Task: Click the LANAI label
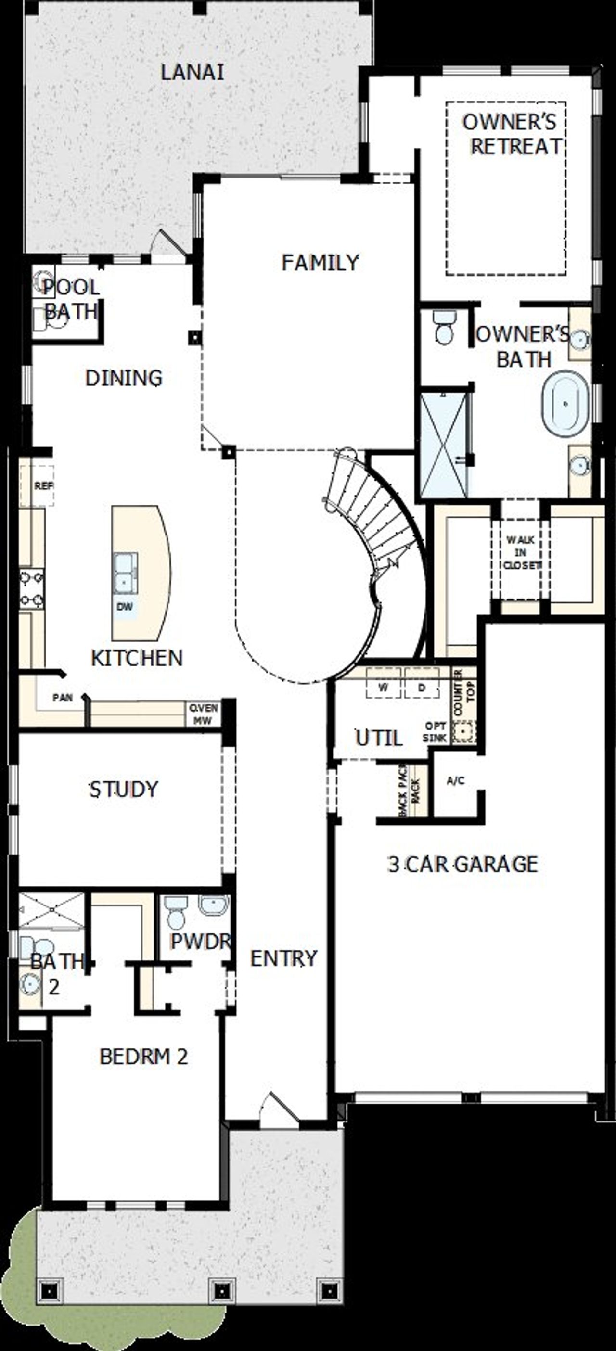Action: (x=192, y=72)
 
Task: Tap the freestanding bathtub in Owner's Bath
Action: (x=565, y=403)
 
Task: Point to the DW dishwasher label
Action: (x=124, y=607)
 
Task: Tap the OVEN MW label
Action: (x=203, y=714)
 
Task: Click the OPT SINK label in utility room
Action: (x=435, y=731)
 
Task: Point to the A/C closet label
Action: (x=455, y=781)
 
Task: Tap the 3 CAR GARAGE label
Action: (x=462, y=864)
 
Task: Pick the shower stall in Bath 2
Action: (x=51, y=909)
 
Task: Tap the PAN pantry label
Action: (x=63, y=698)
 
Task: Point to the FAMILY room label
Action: (x=320, y=262)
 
